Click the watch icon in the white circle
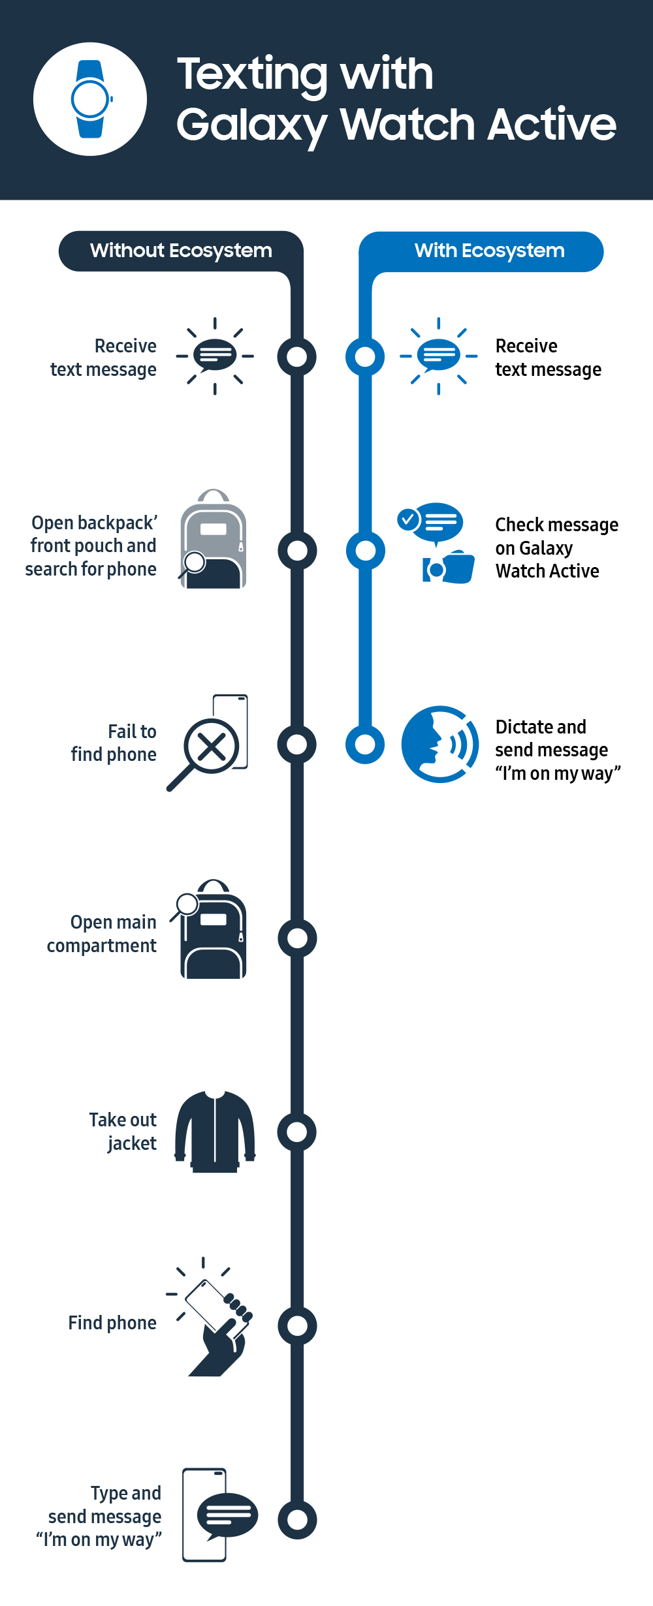coord(90,99)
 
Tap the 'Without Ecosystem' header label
coord(181,251)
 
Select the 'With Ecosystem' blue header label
coord(489,251)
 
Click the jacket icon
coord(215,1131)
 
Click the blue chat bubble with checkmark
coord(432,522)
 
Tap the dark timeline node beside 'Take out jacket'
coord(297,1132)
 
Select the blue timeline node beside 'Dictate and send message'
coord(365,744)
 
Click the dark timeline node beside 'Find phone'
coord(297,1325)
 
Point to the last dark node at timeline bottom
coord(297,1519)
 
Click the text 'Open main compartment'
coord(103,934)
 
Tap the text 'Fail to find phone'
coord(115,743)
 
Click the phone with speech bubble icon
coord(215,1515)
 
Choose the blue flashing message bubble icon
coord(439,356)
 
